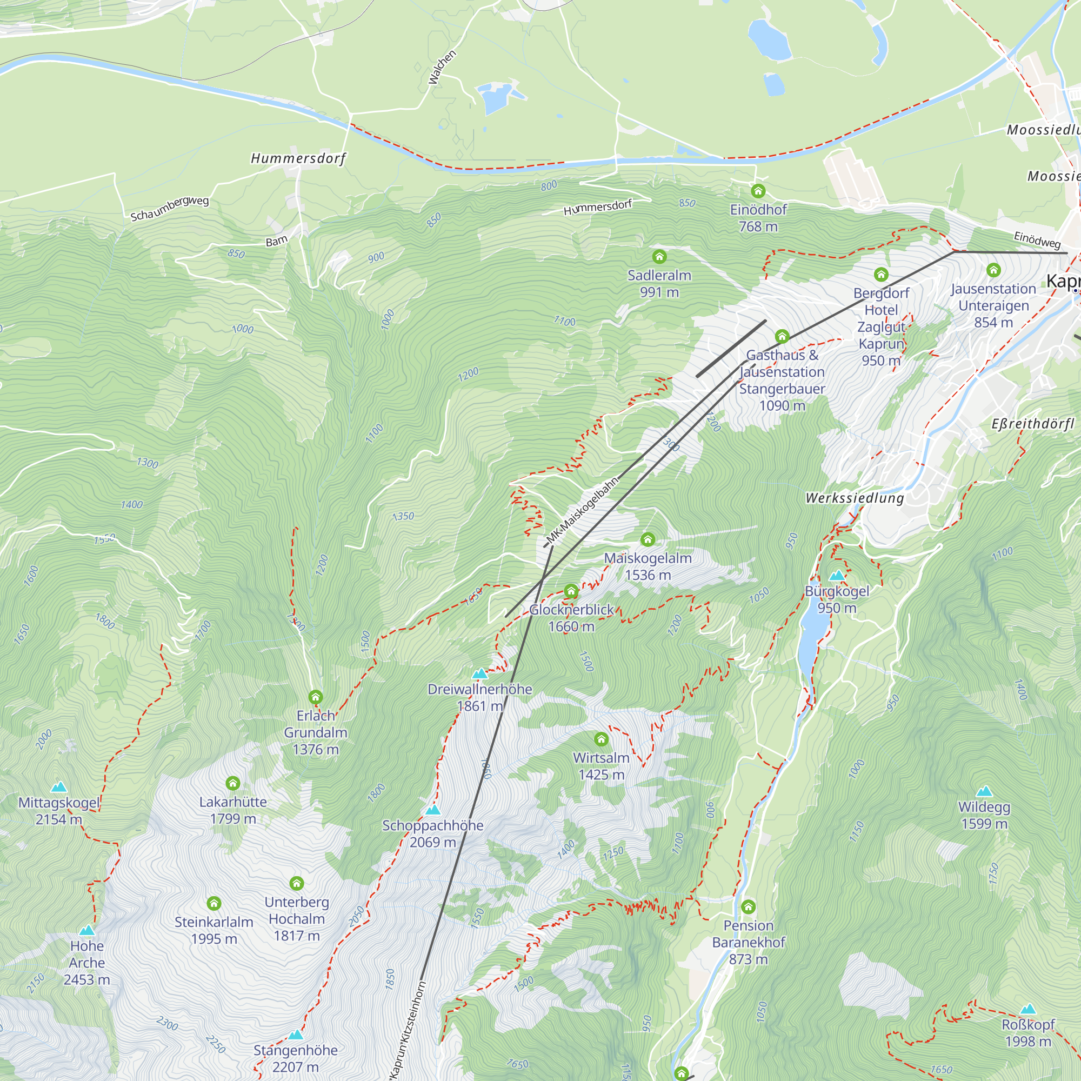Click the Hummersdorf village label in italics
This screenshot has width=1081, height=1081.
coord(298,159)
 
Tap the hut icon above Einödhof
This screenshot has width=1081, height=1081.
coord(758,191)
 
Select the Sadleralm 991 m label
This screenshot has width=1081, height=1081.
coord(659,283)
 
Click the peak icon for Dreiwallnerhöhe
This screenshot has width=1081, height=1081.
coord(479,673)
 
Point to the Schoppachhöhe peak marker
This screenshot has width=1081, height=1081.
coord(432,810)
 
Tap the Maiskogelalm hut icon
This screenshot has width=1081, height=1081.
coord(648,539)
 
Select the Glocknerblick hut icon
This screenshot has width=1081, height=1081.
coord(571,591)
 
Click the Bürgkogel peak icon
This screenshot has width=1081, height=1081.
coord(837,575)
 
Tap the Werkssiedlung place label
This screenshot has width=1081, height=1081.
coord(855,498)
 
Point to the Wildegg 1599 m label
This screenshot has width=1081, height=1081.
coord(984,815)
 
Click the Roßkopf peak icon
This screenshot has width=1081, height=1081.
coord(1028,1009)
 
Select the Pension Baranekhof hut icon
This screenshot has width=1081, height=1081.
coord(748,906)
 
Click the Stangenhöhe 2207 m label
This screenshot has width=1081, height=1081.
coord(296,1059)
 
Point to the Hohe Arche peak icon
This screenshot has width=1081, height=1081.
coord(86,931)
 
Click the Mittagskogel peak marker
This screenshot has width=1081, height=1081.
coord(59,788)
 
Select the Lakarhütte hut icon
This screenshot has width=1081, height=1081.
coord(233,783)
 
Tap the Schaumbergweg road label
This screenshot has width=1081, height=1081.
coord(170,208)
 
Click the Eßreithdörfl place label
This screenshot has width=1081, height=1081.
coord(1033,424)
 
